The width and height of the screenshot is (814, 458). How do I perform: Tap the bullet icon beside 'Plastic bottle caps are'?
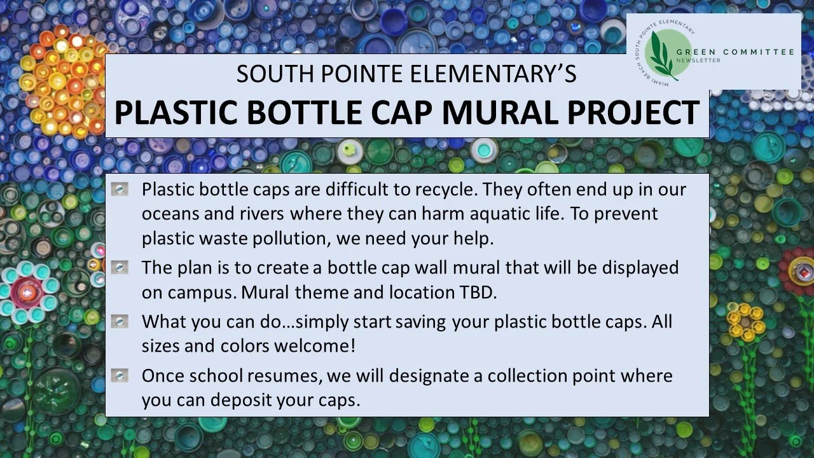(119, 190)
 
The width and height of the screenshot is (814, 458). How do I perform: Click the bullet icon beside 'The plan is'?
(119, 268)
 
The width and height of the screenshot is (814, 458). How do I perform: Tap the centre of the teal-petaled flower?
(26, 291)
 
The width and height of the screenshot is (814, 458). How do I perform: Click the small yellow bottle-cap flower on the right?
(745, 322)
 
